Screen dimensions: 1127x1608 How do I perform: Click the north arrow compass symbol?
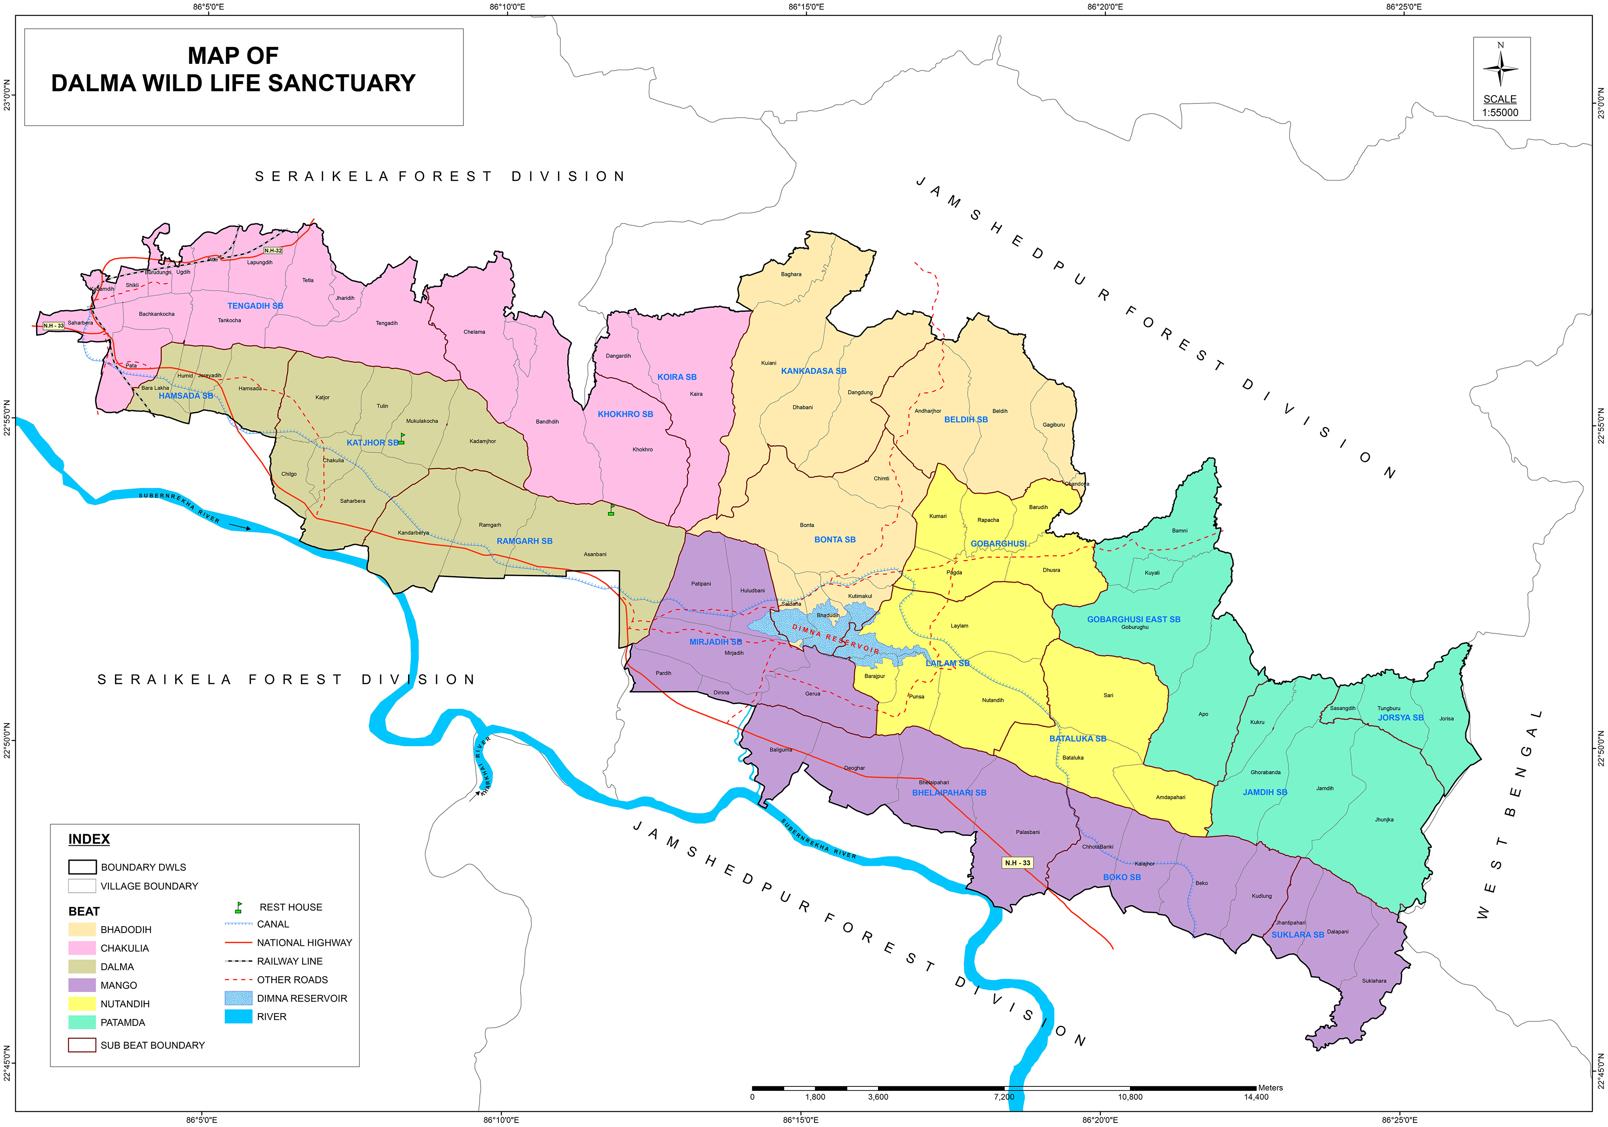click(1500, 68)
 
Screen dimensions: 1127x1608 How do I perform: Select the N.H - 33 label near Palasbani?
click(1017, 862)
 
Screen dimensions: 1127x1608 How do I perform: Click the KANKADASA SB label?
click(813, 371)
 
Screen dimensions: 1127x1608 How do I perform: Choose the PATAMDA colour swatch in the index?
click(82, 1022)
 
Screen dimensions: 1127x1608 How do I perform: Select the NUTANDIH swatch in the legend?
click(82, 1003)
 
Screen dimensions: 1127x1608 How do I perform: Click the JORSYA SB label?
click(1401, 718)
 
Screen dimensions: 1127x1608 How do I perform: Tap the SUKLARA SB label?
click(1298, 935)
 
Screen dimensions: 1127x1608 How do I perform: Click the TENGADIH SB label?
click(255, 306)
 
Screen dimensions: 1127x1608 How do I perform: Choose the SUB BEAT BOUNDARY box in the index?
click(82, 1045)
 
